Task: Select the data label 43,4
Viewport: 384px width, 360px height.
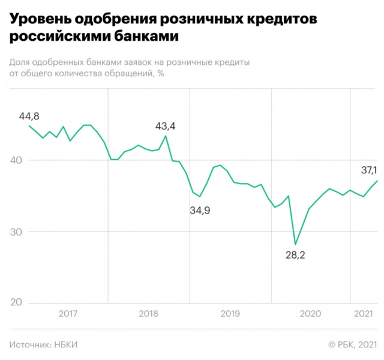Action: pyautogui.click(x=166, y=126)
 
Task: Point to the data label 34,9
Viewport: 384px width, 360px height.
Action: pyautogui.click(x=200, y=210)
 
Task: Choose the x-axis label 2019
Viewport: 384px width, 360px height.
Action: pyautogui.click(x=230, y=313)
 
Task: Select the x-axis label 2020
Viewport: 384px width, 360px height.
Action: pyautogui.click(x=310, y=313)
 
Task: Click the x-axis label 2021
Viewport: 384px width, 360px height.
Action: pyautogui.click(x=364, y=313)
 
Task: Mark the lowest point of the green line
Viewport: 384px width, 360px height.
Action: pyautogui.click(x=295, y=244)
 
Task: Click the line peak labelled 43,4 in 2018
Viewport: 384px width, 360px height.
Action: pyautogui.click(x=166, y=136)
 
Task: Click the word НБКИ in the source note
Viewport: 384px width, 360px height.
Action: pyautogui.click(x=66, y=344)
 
